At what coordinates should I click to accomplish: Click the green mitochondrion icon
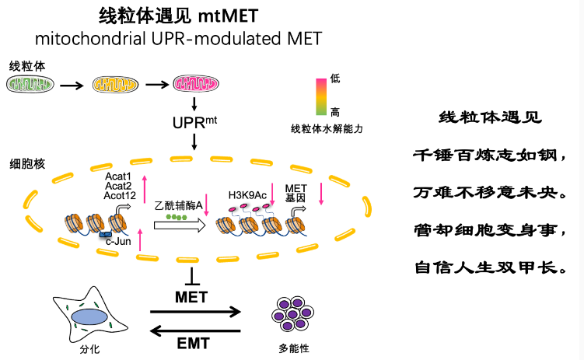(x=32, y=84)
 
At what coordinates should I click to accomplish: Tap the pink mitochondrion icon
(x=194, y=84)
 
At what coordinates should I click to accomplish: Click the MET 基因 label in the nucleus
(x=295, y=193)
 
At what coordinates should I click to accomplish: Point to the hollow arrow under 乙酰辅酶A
(x=180, y=225)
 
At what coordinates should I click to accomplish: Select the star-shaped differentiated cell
(x=86, y=316)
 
